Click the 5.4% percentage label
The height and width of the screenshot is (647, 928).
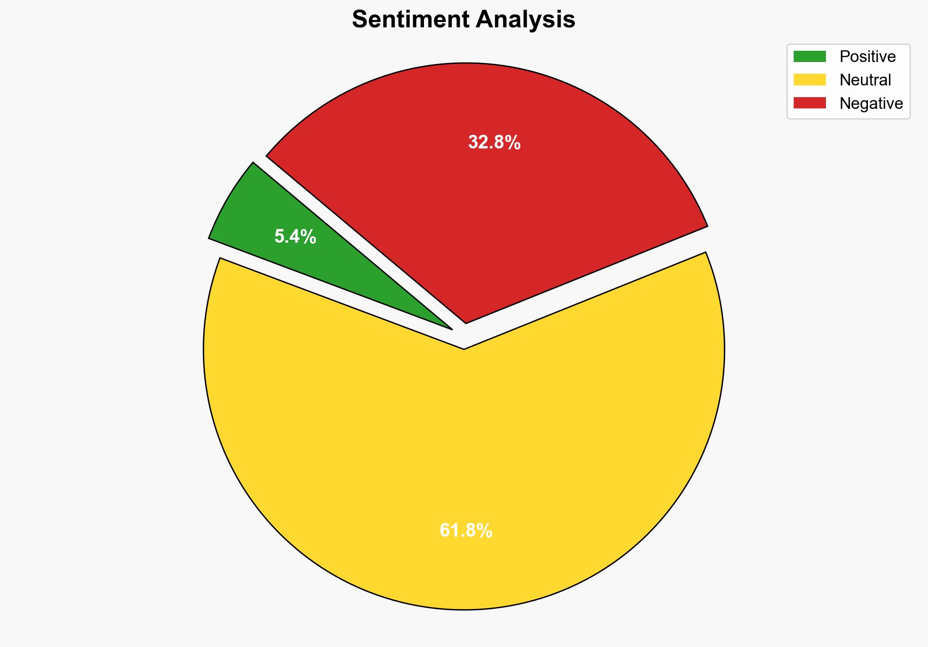(x=295, y=237)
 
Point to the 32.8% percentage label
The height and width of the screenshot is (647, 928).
(x=494, y=143)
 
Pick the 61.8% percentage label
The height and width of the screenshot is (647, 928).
(x=466, y=530)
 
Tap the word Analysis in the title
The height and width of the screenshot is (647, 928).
(x=526, y=20)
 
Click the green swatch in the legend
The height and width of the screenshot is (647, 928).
(x=809, y=57)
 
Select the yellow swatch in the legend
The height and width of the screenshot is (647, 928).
(x=809, y=80)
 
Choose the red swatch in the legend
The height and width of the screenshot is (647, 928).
(x=809, y=103)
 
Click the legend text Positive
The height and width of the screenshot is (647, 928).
(x=867, y=57)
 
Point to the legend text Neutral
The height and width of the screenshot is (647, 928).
(x=865, y=80)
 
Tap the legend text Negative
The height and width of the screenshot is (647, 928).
(x=871, y=104)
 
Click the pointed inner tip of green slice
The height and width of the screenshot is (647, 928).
(x=450, y=328)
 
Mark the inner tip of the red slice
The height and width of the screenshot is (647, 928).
(x=466, y=321)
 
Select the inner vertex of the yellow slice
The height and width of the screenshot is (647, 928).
(x=464, y=348)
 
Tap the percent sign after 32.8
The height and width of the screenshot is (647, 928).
(x=513, y=143)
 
